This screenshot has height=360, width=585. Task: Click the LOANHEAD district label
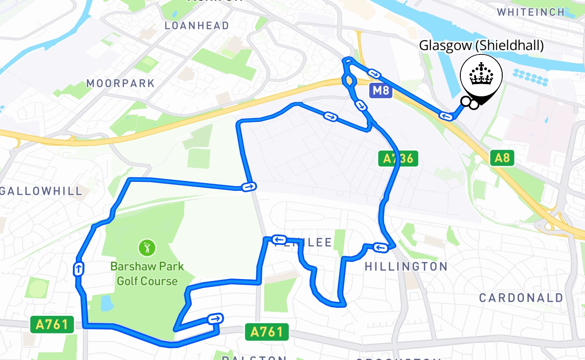(197, 26)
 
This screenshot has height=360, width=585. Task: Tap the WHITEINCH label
(531, 12)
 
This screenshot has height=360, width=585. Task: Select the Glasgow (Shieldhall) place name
(481, 45)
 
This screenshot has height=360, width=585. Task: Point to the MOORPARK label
(121, 83)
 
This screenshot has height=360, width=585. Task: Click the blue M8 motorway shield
(380, 91)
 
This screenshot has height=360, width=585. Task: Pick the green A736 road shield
(398, 158)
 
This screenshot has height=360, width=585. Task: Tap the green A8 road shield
(502, 158)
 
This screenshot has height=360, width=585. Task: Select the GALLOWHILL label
(41, 191)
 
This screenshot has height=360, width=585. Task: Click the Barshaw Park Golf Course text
(147, 274)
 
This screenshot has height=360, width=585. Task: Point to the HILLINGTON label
(406, 266)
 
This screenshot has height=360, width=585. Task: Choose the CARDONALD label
(521, 297)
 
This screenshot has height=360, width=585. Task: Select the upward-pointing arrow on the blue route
(78, 269)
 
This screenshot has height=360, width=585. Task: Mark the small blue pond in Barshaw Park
(107, 303)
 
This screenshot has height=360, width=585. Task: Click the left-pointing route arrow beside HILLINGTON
(380, 247)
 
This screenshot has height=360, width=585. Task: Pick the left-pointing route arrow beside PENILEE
(279, 239)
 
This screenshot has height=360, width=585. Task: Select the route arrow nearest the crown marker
(446, 117)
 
